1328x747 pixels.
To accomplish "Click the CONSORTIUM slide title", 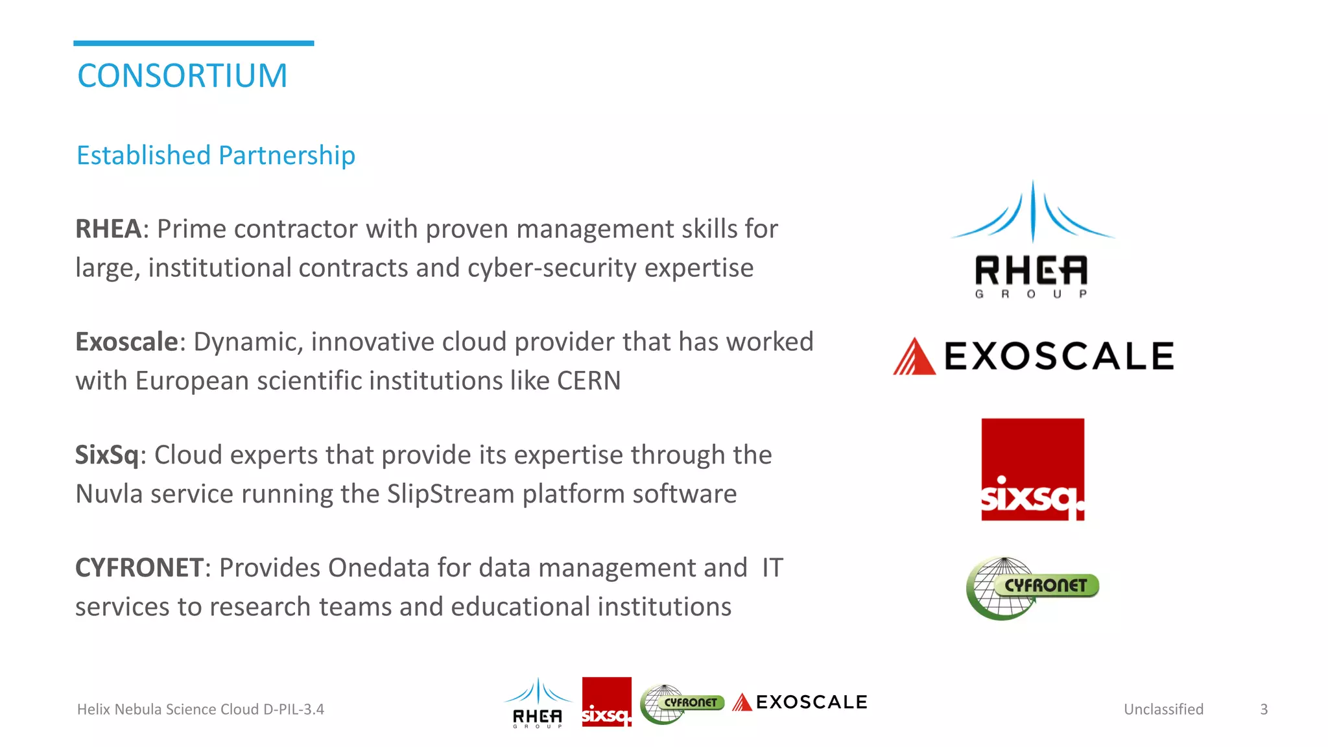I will (182, 76).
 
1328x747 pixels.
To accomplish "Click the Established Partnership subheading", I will (216, 156).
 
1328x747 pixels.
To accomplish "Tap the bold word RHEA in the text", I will (108, 229).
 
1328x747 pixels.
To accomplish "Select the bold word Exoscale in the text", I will (126, 342).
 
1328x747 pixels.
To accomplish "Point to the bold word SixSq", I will (107, 455).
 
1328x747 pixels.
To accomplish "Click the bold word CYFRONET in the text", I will (139, 567).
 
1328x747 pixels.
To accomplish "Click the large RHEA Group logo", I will (1032, 240).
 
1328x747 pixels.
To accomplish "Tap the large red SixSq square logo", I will (1032, 469).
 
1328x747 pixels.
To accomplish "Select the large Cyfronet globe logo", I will (1031, 587).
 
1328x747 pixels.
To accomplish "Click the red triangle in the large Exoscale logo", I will (914, 357).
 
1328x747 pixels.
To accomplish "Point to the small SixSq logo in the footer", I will (606, 702).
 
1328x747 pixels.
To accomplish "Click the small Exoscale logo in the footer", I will (800, 702).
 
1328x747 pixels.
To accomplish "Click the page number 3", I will (1263, 709).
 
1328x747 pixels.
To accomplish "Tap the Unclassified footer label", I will (1163, 709).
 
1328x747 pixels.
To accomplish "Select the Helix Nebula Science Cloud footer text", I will (200, 709).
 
